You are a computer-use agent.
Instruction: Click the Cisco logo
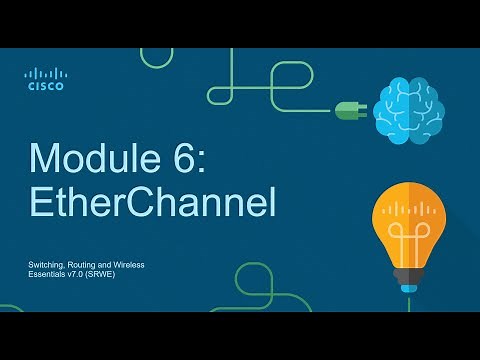[x=45, y=79]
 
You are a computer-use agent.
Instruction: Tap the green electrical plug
[x=351, y=111]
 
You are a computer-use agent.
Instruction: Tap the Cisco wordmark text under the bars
[x=45, y=86]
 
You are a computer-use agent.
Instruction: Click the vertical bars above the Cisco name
[x=45, y=73]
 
